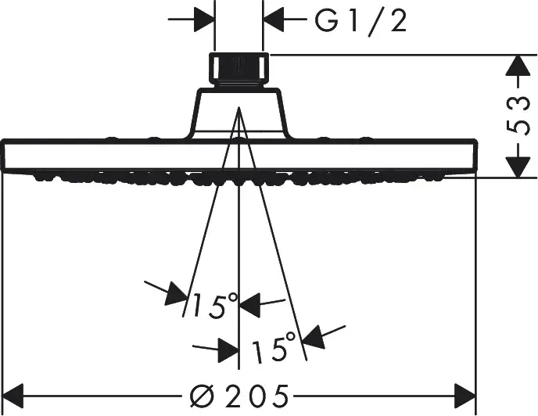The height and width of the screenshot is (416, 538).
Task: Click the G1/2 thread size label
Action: tap(361, 22)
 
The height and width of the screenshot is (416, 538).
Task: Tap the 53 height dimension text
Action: tap(518, 116)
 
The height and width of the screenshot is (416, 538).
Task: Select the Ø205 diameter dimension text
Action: tap(239, 396)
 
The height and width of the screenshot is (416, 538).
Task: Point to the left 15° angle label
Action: tap(214, 306)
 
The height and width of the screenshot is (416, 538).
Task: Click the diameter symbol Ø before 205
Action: tap(203, 396)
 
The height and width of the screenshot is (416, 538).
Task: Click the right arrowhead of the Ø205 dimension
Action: tap(465, 396)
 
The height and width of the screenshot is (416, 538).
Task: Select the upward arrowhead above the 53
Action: tap(518, 65)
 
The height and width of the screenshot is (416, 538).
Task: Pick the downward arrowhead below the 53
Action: tap(518, 167)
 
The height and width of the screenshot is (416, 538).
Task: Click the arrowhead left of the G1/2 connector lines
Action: tap(204, 20)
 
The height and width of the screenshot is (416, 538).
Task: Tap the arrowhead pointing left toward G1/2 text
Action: tap(274, 20)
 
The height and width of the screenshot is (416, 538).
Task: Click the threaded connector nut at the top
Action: tap(239, 70)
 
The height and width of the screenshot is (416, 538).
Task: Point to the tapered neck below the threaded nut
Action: tap(239, 113)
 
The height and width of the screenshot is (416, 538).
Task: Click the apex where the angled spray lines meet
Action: tap(239, 107)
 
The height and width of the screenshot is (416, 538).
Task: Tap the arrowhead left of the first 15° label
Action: tap(177, 294)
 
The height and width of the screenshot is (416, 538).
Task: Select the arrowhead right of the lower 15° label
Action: tap(314, 337)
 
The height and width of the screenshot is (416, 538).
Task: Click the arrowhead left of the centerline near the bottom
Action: tap(228, 350)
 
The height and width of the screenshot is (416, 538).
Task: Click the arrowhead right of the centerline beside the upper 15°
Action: tap(249, 305)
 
